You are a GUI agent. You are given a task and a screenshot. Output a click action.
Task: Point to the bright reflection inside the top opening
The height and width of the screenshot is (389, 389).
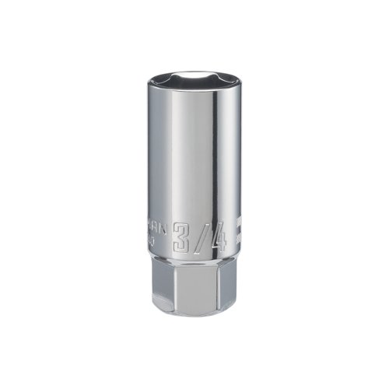(x=194, y=75)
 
